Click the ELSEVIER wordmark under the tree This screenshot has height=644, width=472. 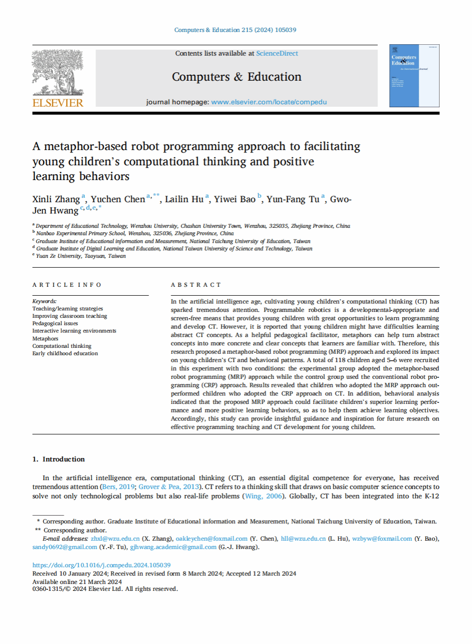tap(58, 103)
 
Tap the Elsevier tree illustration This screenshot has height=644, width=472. tap(58, 73)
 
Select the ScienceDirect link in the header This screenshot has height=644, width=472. tap(277, 53)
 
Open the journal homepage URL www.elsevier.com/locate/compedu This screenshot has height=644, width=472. tap(269, 102)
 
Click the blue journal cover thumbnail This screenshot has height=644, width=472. tap(414, 76)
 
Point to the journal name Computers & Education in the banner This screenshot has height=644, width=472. tap(236, 77)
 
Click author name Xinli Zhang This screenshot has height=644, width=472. tap(56, 199)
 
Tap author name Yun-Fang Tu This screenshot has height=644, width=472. tap(293, 199)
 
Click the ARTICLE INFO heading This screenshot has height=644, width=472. tap(67, 285)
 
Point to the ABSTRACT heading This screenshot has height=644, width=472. tap(196, 285)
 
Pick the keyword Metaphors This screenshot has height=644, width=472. tap(45, 338)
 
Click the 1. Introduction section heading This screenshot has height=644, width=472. tap(59, 459)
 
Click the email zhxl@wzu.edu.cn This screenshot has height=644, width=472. tap(115, 539)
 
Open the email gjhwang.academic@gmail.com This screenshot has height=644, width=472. tap(173, 547)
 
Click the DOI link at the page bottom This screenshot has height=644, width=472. tap(101, 565)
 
